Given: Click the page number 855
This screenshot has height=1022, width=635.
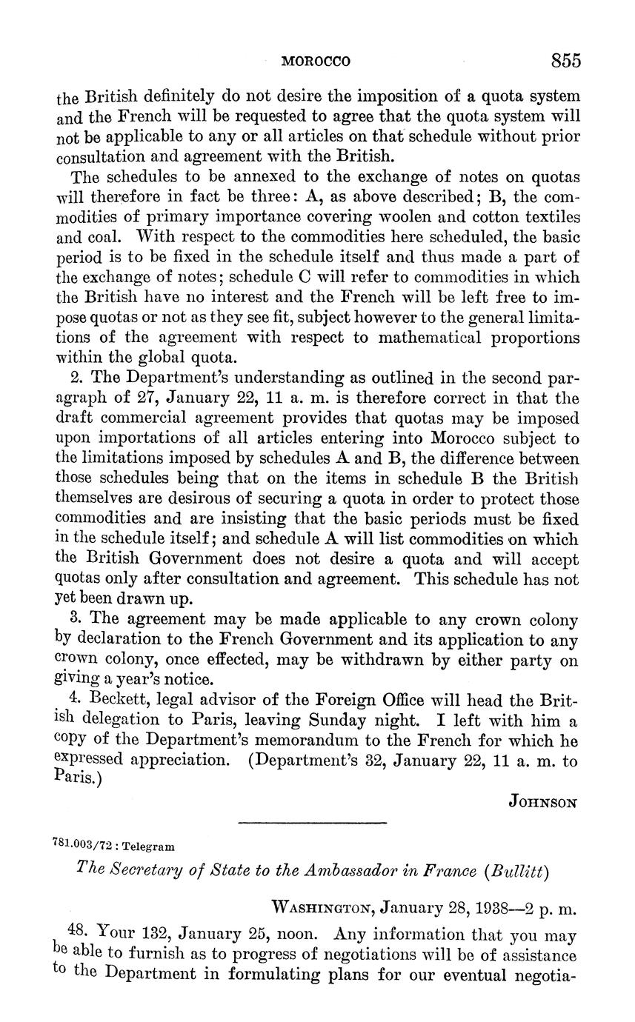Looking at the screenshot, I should tap(565, 61).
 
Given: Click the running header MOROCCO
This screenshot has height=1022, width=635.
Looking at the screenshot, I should tap(316, 61).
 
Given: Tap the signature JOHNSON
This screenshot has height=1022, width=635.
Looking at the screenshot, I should tap(543, 801).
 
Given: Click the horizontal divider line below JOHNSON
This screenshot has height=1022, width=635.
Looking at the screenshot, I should tap(313, 821).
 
